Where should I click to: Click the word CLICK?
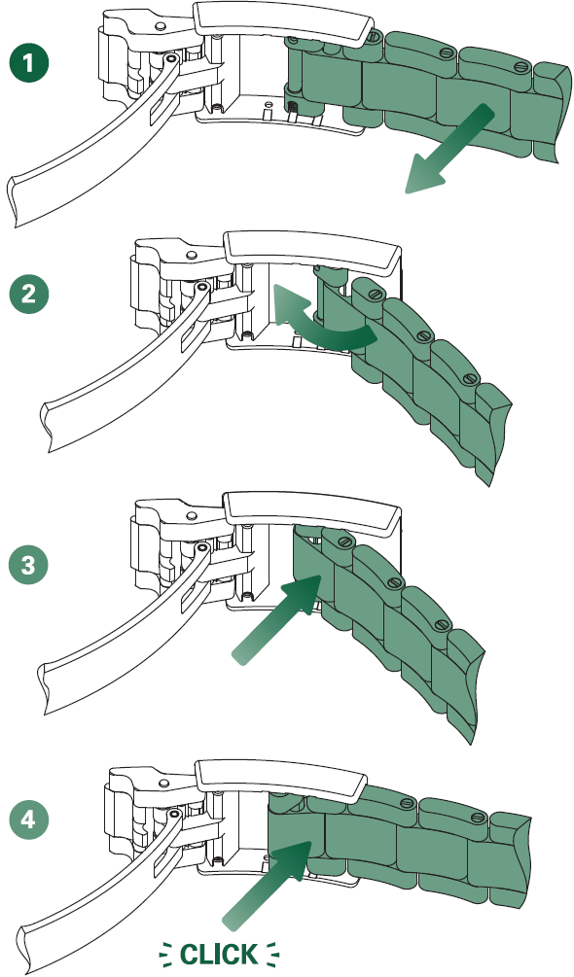coord(219,954)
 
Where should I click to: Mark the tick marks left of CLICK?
coord(165,954)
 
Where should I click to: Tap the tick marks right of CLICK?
coord(272,954)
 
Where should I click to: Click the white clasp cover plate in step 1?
coord(282,22)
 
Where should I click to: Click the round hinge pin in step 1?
coord(171,59)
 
